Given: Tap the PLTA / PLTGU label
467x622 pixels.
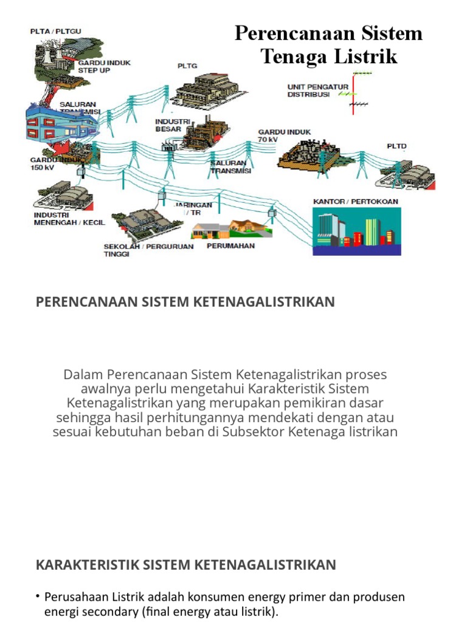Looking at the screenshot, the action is (x=51, y=31).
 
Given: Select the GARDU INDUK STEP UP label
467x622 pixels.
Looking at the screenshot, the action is (x=103, y=66).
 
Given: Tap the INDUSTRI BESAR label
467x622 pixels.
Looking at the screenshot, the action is (x=168, y=125).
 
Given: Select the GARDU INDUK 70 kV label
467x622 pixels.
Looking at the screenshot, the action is (x=276, y=135).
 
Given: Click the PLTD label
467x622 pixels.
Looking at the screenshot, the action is (x=396, y=146).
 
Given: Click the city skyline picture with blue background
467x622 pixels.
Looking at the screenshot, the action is (x=356, y=231).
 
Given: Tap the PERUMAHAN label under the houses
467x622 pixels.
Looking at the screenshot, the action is (x=230, y=246).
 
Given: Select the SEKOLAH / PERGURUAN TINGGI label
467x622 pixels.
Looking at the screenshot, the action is (x=148, y=250).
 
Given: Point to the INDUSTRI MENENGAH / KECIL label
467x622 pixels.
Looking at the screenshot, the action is (x=69, y=219).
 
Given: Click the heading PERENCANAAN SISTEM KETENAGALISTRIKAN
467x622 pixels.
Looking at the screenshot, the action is (x=185, y=302).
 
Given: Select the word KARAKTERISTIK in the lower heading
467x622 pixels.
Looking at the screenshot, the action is (x=88, y=565).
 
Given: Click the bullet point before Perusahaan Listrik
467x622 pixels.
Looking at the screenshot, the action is (x=38, y=597).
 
